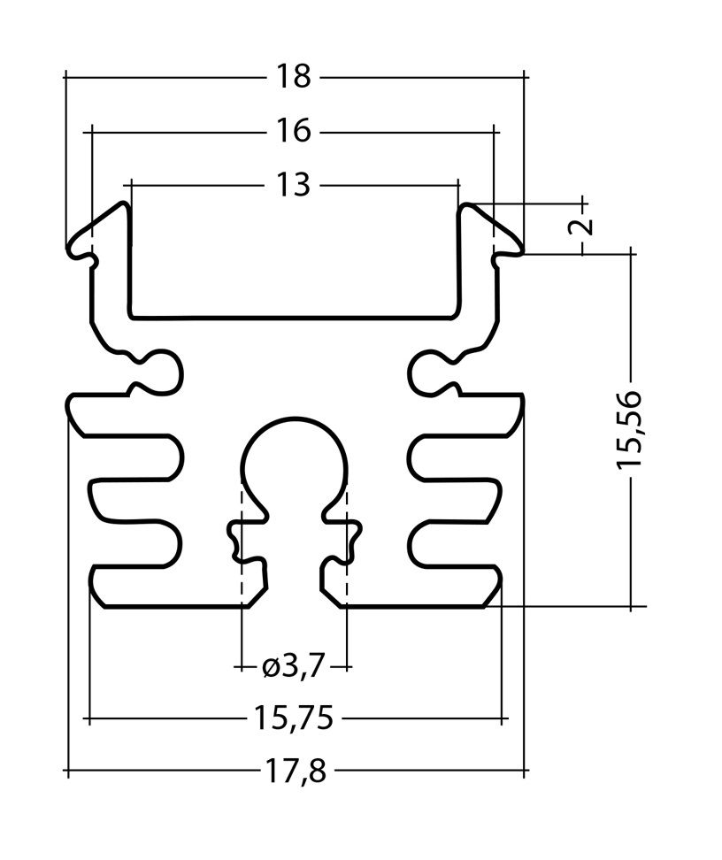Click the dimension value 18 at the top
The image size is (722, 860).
pyautogui.click(x=293, y=77)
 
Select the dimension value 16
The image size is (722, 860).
pyautogui.click(x=293, y=132)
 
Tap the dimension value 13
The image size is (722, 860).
pyautogui.click(x=293, y=185)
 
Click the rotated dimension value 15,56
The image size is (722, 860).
pyautogui.click(x=630, y=428)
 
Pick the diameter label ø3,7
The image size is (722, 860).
pyautogui.click(x=293, y=665)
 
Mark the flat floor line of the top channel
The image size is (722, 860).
pyautogui.click(x=294, y=316)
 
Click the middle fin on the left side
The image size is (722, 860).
pyautogui.click(x=133, y=502)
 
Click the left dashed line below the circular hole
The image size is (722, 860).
pyautogui.click(x=241, y=566)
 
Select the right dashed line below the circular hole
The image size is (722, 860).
pyautogui.click(x=347, y=566)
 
